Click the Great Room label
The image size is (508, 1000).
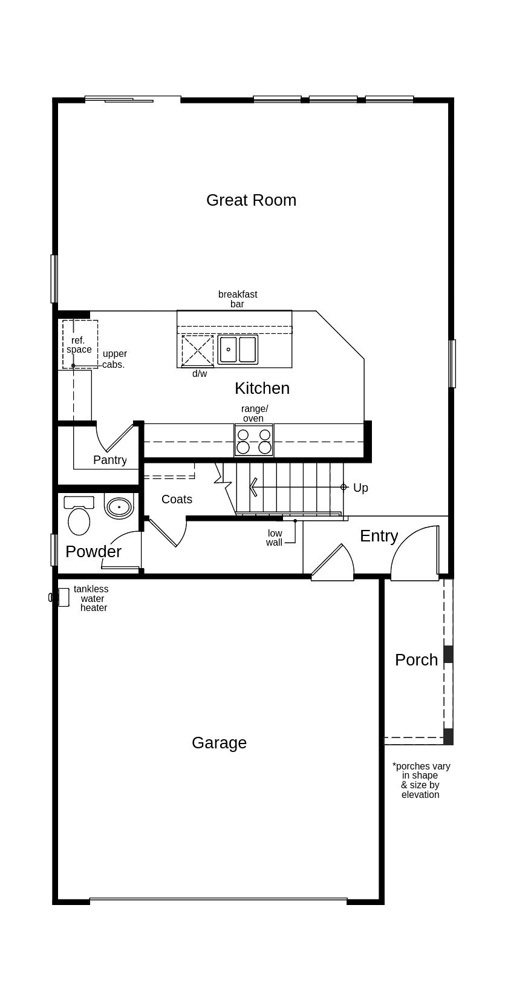[x=251, y=200]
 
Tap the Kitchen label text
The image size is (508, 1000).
[x=262, y=388]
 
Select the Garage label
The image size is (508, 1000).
[x=219, y=743]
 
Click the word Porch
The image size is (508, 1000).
[x=416, y=660]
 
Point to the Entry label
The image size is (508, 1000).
[x=379, y=536]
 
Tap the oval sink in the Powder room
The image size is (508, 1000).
[x=119, y=507]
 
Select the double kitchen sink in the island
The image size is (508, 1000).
[x=238, y=350]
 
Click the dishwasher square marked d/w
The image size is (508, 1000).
[x=198, y=350]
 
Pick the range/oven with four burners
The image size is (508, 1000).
[x=254, y=440]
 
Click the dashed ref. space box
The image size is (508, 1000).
[x=80, y=344]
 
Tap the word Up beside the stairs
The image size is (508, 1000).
[x=360, y=488]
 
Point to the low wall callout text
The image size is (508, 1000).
[x=275, y=538]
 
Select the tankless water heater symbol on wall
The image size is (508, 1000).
[x=54, y=597]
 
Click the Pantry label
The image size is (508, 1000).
[x=110, y=460]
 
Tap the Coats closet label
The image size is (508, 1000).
[x=177, y=500]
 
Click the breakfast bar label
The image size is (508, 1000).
[x=238, y=299]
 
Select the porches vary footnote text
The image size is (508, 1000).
[x=421, y=780]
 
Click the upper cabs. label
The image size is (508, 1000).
[x=114, y=359]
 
